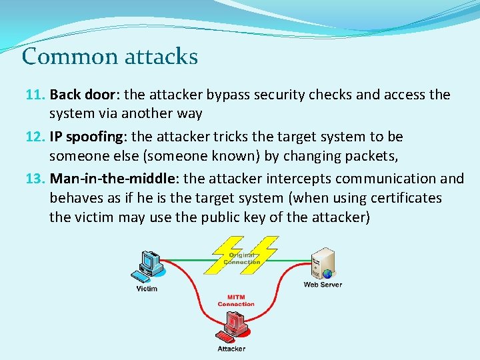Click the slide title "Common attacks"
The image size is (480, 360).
tap(110, 56)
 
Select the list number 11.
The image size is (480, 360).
tap(34, 95)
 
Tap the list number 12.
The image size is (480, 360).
tap(34, 137)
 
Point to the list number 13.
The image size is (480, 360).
tap(34, 178)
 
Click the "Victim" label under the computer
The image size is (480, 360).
tap(147, 289)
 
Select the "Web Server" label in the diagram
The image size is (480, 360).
tap(323, 285)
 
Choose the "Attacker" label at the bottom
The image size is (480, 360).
tap(231, 349)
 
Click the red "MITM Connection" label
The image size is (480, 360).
tap(236, 301)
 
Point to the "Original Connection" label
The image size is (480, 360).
tap(242, 258)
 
